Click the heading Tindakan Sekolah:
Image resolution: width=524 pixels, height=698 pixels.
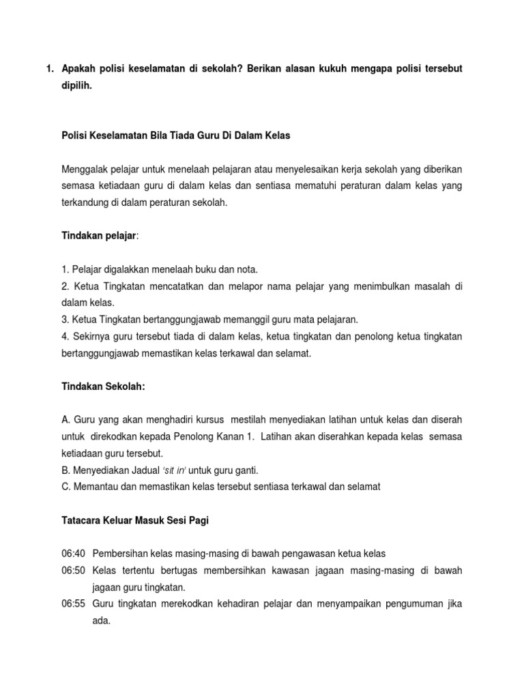pos(103,386)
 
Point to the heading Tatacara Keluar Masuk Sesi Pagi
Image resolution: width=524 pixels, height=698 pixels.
pos(134,520)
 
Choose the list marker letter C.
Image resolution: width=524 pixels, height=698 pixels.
pos(65,487)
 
